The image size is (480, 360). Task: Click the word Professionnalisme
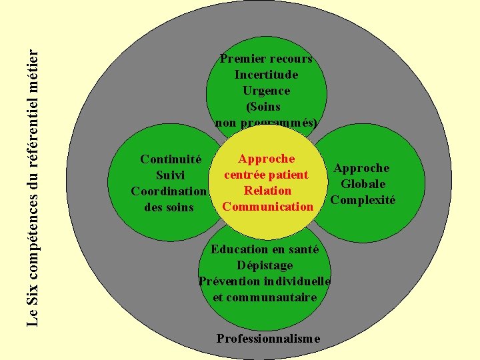click(268, 339)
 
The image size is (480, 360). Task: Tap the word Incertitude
click(266, 75)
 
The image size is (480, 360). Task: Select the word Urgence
click(266, 91)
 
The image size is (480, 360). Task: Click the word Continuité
click(171, 159)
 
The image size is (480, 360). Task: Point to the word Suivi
click(170, 175)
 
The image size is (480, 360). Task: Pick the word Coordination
click(169, 191)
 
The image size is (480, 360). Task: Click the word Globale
click(363, 184)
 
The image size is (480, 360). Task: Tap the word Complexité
click(363, 200)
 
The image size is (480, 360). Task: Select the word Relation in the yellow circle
click(267, 191)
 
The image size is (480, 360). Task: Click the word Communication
click(267, 207)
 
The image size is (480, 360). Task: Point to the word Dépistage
click(265, 265)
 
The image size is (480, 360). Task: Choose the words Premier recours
click(266, 59)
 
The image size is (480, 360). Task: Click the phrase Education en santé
click(265, 249)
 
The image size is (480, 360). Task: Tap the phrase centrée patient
click(266, 175)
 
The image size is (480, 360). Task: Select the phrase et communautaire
click(265, 297)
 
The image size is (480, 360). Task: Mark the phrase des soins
click(169, 207)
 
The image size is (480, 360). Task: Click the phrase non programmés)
click(266, 123)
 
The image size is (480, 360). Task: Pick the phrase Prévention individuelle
click(265, 281)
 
